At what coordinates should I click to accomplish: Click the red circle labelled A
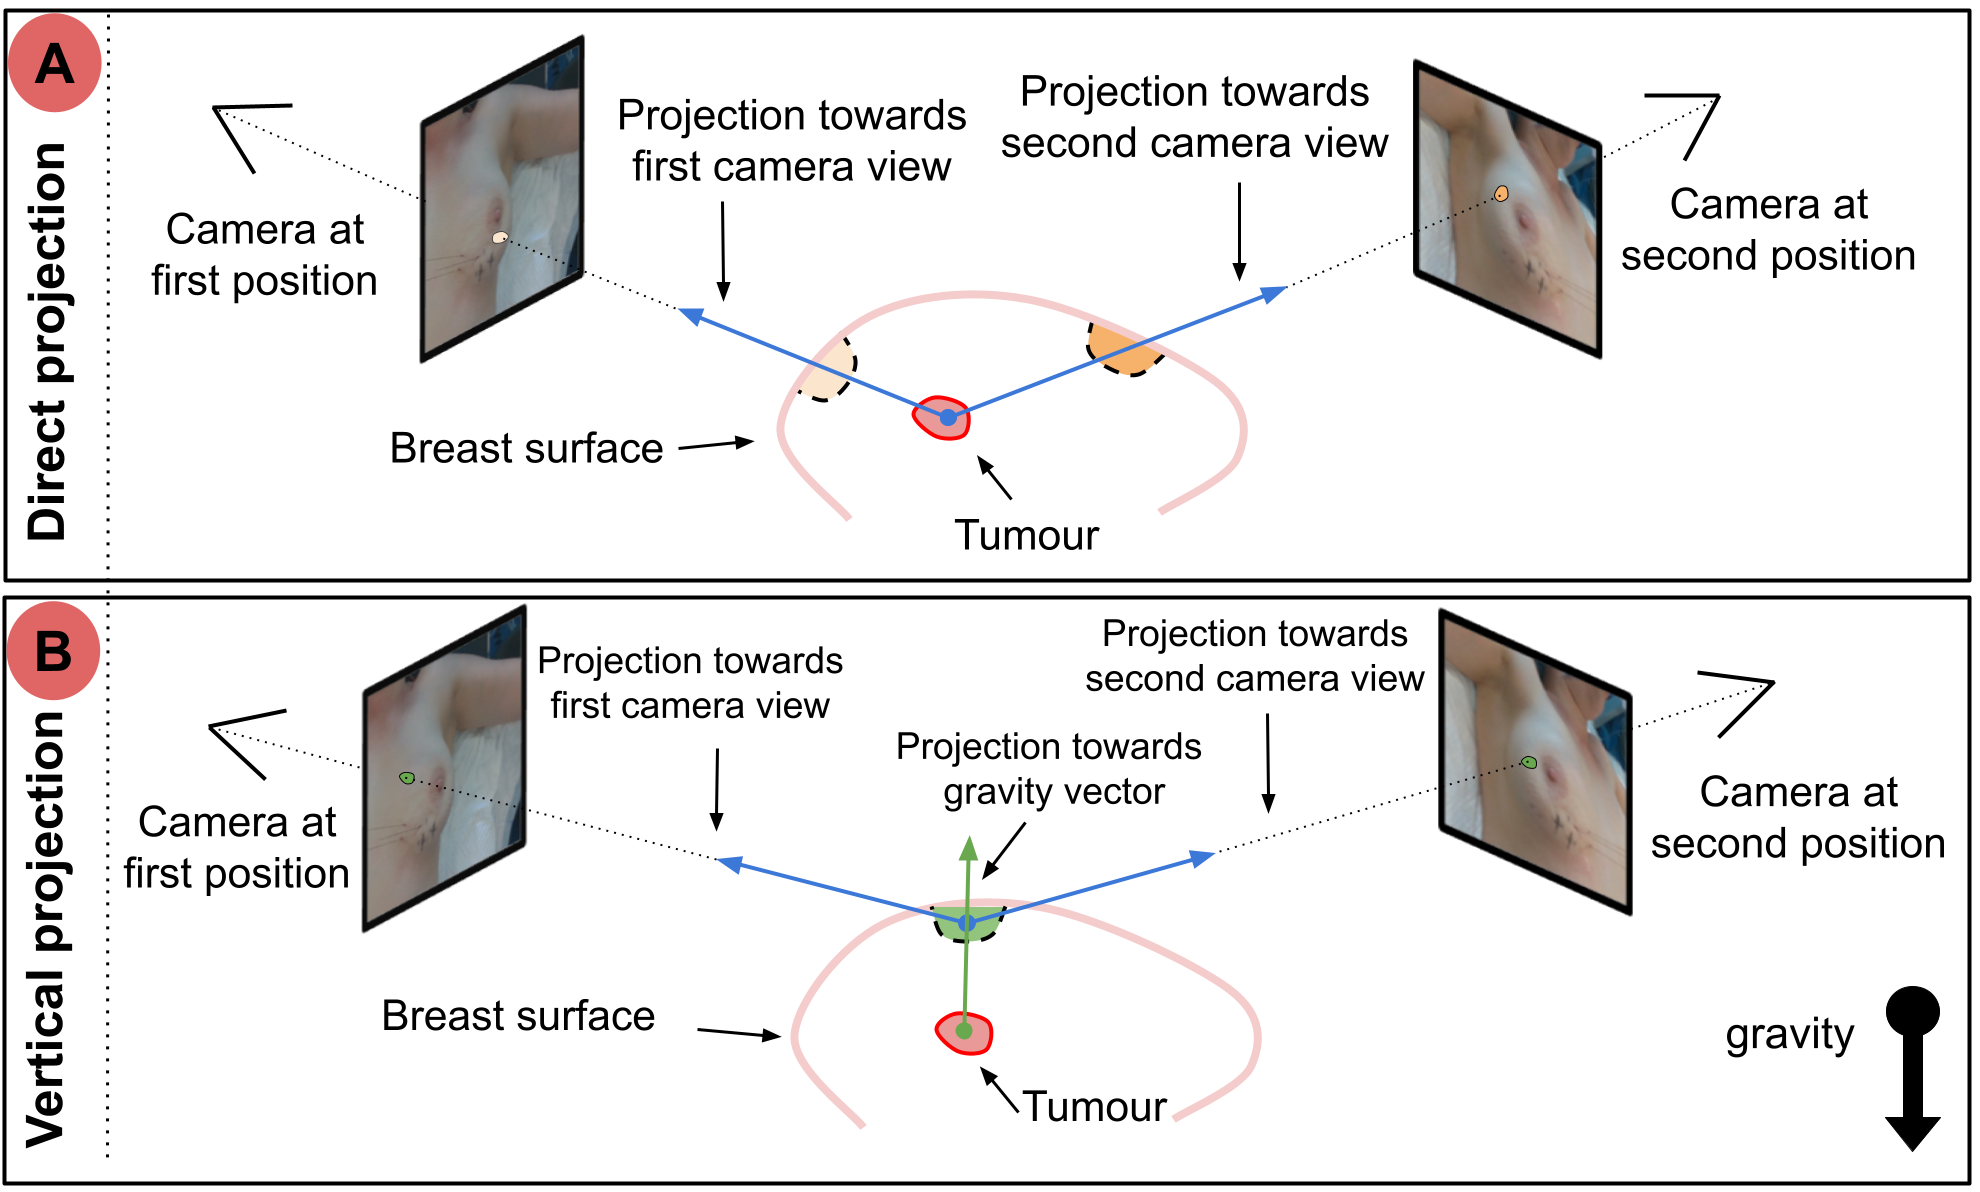[x=55, y=63]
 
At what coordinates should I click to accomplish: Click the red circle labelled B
[x=54, y=650]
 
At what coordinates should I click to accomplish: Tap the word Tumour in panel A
[x=1026, y=535]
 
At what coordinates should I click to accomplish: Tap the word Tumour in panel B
[x=1094, y=1107]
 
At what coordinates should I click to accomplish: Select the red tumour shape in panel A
[x=942, y=418]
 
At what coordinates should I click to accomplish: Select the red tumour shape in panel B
[x=964, y=1033]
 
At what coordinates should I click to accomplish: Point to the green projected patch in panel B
[x=966, y=926]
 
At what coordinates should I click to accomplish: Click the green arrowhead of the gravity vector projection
[x=968, y=849]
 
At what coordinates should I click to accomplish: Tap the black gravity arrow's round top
[x=1912, y=1012]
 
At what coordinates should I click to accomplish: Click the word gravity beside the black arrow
[x=1789, y=1034]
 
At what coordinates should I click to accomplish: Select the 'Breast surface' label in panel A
[x=526, y=448]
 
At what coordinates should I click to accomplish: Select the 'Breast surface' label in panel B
[x=518, y=1016]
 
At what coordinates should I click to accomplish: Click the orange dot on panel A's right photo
[x=1501, y=193]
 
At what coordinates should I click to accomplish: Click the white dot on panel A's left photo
[x=500, y=238]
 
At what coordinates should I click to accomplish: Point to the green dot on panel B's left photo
[x=407, y=777]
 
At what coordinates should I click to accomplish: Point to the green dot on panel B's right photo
[x=1529, y=762]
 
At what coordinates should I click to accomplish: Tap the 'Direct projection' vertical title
[x=47, y=340]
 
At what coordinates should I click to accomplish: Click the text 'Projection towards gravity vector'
[x=1050, y=769]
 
